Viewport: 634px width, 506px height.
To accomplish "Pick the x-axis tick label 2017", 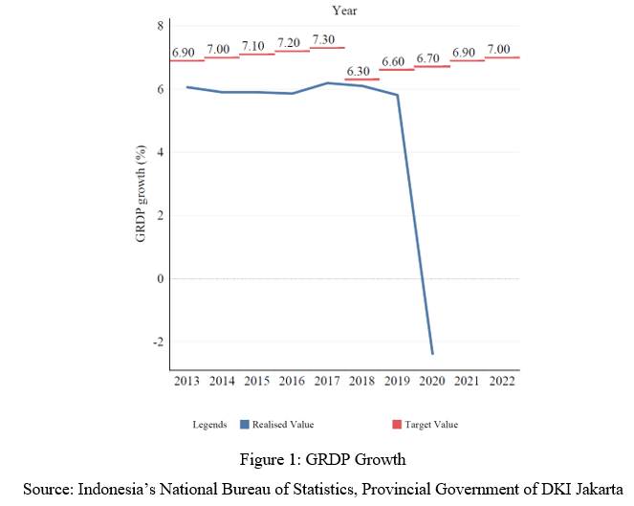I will (x=326, y=381).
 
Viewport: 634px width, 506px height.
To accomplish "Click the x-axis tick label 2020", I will (x=431, y=381).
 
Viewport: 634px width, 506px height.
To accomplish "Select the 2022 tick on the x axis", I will (x=501, y=381).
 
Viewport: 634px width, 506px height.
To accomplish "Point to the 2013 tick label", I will (x=187, y=381).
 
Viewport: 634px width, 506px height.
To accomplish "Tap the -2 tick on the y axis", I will (x=158, y=342).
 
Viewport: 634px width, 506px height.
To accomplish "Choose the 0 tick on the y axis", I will (x=161, y=279).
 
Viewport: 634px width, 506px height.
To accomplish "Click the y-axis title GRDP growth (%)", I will (x=141, y=193).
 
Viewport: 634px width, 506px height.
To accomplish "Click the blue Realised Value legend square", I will (x=245, y=424).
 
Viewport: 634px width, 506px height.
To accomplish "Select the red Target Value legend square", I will (x=399, y=424).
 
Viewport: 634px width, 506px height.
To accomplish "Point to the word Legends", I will (x=209, y=425).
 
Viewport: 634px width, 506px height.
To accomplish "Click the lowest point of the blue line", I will (x=432, y=353).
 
